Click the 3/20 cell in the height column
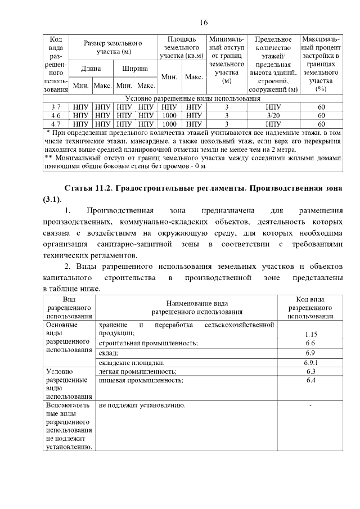click(273, 115)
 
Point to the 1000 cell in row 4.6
click(169, 115)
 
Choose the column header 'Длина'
click(91, 69)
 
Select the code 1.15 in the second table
click(310, 334)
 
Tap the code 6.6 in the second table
click(310, 343)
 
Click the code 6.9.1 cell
click(310, 363)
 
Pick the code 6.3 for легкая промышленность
click(310, 372)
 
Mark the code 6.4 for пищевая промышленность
click(310, 381)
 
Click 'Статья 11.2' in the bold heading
click(88, 187)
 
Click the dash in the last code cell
click(310, 405)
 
